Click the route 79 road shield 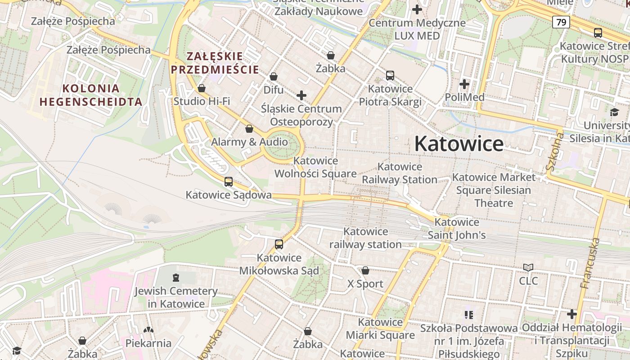[x=561, y=22]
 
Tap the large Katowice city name [x=459, y=144]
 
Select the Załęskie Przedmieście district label [x=215, y=63]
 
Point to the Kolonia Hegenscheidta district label [x=91, y=95]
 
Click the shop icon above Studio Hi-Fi [x=202, y=88]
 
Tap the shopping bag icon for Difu [x=273, y=77]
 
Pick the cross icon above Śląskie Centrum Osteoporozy [x=301, y=95]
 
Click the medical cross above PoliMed [x=464, y=84]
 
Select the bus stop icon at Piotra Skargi [x=390, y=76]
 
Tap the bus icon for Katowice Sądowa [x=229, y=182]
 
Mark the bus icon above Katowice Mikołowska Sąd [x=279, y=244]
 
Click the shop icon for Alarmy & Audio [x=249, y=129]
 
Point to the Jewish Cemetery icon [x=175, y=278]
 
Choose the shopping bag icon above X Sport [x=365, y=270]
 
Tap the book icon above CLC [x=528, y=268]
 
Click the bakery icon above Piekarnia [x=148, y=330]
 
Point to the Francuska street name [x=591, y=263]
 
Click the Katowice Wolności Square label [x=315, y=167]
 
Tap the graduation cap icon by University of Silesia [x=614, y=112]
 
